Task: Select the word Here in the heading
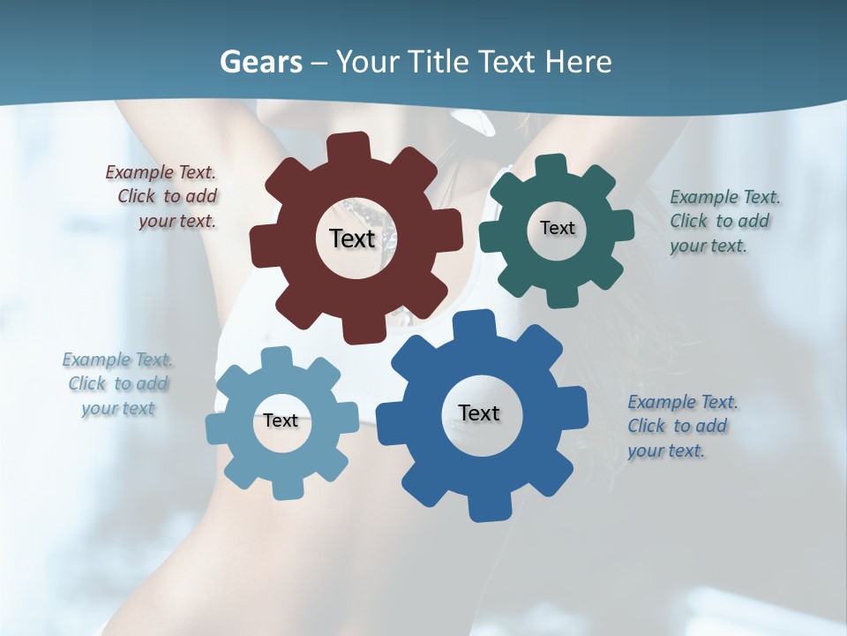[578, 62]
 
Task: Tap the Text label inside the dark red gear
[352, 238]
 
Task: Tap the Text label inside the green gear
[557, 228]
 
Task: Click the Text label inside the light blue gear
[281, 420]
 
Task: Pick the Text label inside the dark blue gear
[479, 413]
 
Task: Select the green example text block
[723, 221]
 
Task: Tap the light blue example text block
[118, 384]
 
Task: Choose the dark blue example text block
[681, 426]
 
